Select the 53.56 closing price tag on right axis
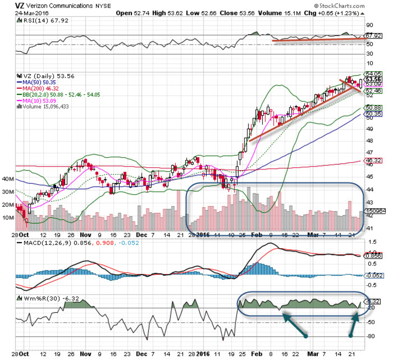click(373, 79)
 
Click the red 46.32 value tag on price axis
click(373, 161)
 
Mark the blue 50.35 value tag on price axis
click(373, 114)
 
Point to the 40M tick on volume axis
click(8, 179)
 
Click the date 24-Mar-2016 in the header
click(31, 13)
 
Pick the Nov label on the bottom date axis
click(85, 354)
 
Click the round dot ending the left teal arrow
click(306, 336)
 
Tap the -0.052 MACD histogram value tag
click(374, 275)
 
